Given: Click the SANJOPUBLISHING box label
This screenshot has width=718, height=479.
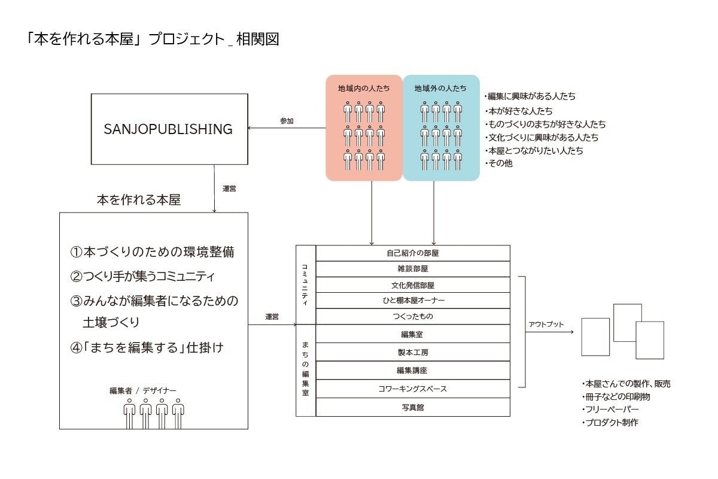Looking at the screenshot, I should pos(168,129).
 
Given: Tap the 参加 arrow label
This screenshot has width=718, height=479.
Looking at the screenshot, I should pos(287,121).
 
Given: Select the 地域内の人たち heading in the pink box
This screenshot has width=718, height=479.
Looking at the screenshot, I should pos(364,88).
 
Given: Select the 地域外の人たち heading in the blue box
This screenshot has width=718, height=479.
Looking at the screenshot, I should pos(440,88).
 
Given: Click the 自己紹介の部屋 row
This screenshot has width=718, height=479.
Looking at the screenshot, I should pos(413,253).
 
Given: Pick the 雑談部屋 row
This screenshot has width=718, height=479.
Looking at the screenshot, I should pos(413,269).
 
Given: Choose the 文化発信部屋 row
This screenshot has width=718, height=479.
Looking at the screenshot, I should pos(413,285).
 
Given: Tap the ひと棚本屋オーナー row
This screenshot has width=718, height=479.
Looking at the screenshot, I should pos(413,301).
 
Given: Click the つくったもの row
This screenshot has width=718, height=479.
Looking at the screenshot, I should pos(413,316).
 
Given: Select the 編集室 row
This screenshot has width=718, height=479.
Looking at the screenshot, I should pos(413,334).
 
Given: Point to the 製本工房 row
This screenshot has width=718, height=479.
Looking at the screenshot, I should pos(413,352).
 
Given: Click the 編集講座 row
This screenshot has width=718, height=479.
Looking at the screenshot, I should pos(413,371).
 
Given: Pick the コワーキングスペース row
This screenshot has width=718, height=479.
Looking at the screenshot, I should pos(413,389).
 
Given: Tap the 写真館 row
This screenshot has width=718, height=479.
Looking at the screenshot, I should pos(413,407).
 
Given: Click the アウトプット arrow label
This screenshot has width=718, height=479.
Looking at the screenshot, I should pos(546,324).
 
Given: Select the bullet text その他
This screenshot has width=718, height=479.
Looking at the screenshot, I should pos(500,163).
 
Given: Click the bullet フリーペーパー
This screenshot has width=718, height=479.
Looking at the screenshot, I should pos(611,410).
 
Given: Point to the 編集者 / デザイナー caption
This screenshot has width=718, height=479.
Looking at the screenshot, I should pos(143,390).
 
